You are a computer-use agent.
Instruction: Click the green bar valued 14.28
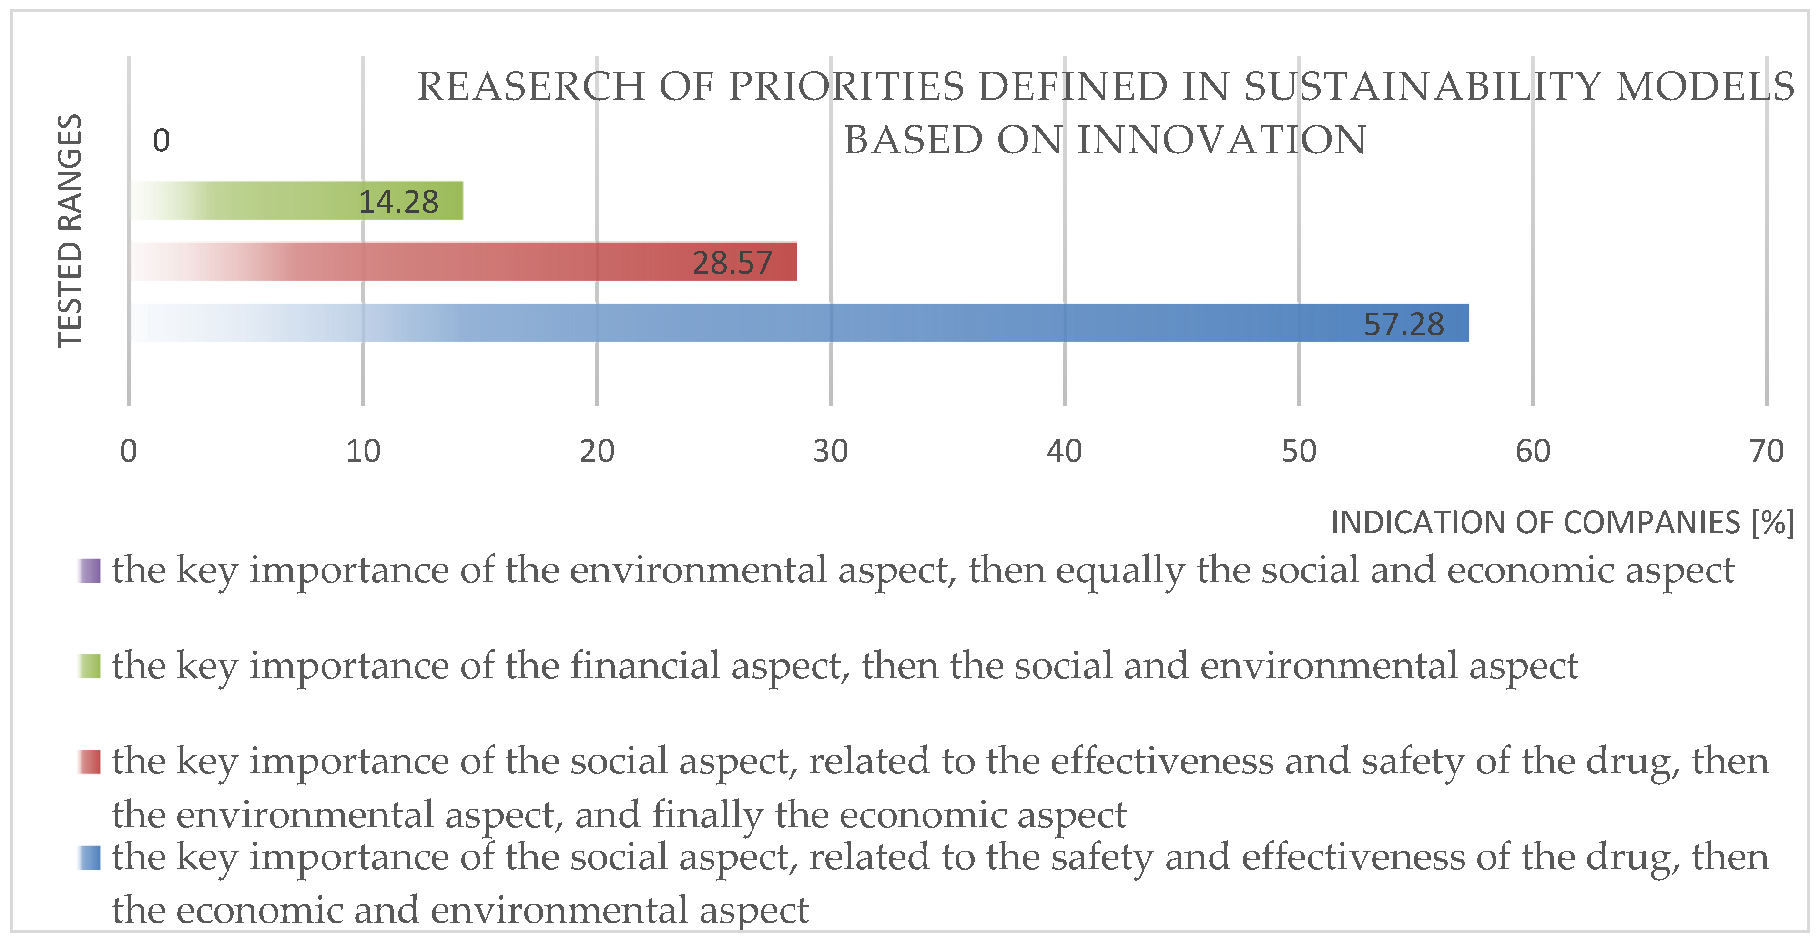(297, 201)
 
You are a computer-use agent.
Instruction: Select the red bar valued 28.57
(464, 261)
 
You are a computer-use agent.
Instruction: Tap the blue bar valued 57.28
(798, 323)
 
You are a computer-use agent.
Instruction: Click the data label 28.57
(732, 263)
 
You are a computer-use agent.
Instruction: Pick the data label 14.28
(398, 202)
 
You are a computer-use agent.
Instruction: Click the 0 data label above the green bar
(161, 141)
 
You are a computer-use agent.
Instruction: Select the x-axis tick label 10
(363, 451)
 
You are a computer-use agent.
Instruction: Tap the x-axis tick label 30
(830, 451)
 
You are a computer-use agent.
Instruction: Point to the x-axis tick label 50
(1299, 451)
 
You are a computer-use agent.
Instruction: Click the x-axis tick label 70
(1766, 451)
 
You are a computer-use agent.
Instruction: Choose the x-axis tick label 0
(129, 451)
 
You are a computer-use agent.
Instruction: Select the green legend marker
(90, 666)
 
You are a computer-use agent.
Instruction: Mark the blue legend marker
(90, 858)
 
